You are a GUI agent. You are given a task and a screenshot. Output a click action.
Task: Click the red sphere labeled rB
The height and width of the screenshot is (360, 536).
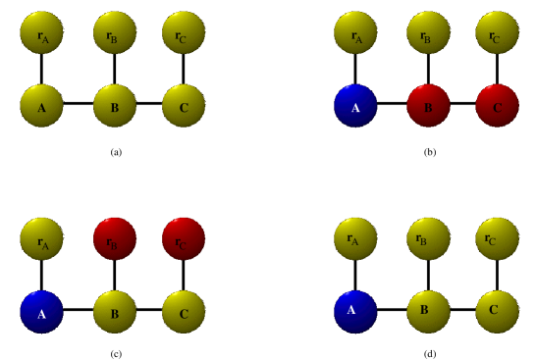[x=115, y=238]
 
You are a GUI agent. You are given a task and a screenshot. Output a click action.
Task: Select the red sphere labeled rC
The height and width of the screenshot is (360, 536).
[x=184, y=238]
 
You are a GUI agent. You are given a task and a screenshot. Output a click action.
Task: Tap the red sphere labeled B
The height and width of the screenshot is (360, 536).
[x=428, y=106]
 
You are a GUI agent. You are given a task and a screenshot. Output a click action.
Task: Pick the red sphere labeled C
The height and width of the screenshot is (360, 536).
[x=497, y=106]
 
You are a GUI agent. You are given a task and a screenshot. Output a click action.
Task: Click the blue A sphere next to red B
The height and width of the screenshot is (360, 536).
[x=355, y=106]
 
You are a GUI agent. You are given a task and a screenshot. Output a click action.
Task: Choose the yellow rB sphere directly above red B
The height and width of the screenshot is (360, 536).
[x=428, y=32]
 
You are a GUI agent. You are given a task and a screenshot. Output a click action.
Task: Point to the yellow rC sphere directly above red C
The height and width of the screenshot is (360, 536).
[x=497, y=32]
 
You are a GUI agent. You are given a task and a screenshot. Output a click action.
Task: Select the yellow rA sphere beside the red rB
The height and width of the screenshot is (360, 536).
[x=41, y=238]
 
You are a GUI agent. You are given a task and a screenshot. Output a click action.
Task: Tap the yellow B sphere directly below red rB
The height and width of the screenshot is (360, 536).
[x=115, y=312]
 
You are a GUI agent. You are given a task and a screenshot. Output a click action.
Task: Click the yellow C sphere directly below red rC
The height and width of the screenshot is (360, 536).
[x=184, y=312]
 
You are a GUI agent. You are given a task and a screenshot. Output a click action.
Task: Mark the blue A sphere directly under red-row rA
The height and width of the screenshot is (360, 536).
[x=41, y=312]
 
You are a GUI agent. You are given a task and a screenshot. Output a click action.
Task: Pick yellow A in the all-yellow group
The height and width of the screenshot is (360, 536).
[x=41, y=106]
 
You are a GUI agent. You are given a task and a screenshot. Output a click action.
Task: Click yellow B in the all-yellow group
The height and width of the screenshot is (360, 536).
[x=115, y=106]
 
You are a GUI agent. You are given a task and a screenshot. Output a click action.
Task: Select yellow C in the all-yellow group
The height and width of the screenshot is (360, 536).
[x=184, y=106]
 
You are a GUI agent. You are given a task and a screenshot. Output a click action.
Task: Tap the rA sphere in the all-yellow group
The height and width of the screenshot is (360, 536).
[x=41, y=32]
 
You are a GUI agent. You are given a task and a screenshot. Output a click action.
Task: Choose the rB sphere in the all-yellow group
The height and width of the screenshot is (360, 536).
[x=115, y=32]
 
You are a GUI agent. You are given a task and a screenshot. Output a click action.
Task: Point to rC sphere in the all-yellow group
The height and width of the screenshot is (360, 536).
[x=184, y=32]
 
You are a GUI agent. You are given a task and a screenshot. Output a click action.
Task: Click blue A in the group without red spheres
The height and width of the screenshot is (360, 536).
[x=355, y=312]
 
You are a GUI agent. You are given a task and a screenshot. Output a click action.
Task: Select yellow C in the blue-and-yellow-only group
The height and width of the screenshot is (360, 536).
[x=497, y=312]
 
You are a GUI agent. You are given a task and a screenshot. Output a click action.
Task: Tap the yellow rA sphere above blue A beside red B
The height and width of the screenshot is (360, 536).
[x=355, y=32]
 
